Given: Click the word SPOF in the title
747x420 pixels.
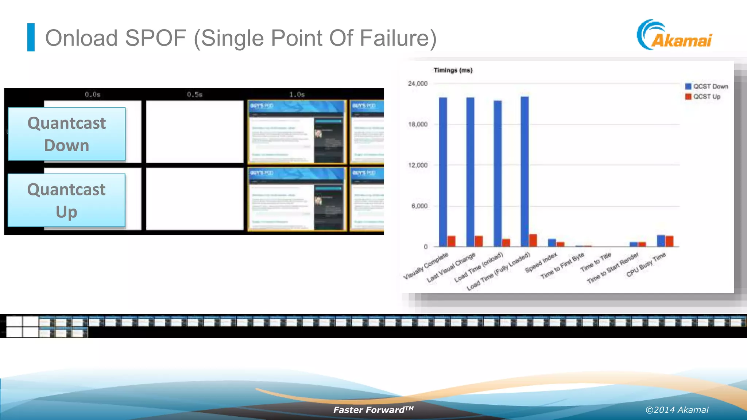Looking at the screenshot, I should [x=155, y=38].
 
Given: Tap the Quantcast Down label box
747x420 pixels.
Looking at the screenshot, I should [x=67, y=134].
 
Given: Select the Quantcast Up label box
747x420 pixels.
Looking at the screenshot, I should [x=66, y=200].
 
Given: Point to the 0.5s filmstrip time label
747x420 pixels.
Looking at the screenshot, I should [x=195, y=94].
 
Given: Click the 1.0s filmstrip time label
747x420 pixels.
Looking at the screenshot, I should [x=297, y=94].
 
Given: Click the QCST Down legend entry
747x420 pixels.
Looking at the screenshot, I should [x=707, y=86].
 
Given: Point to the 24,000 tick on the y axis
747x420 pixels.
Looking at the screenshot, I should [x=418, y=83].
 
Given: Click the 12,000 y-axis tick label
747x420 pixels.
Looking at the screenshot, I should [x=418, y=165].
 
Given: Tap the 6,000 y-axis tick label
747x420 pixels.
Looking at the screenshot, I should [x=419, y=206].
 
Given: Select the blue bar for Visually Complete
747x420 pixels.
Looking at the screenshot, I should [x=443, y=171].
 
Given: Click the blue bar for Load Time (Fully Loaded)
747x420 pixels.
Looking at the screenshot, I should [x=525, y=171].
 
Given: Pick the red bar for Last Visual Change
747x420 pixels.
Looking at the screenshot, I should [x=479, y=241].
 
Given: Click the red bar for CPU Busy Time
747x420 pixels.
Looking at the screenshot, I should [x=669, y=241].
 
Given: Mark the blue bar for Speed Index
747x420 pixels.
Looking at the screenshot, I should [x=552, y=242].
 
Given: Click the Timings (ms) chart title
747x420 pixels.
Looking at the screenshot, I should [x=453, y=70].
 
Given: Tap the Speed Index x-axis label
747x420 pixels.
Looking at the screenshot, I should [x=541, y=262].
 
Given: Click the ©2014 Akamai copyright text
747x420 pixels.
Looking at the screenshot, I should [x=677, y=410].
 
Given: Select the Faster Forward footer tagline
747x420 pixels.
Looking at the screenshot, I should [x=373, y=410].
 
